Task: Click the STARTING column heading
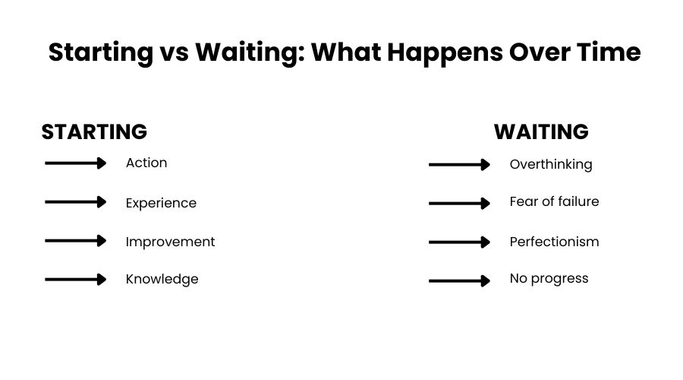click(x=94, y=131)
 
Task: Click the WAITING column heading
click(x=541, y=131)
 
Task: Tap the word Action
click(x=146, y=163)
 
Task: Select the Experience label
click(x=161, y=203)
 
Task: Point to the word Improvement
click(x=170, y=242)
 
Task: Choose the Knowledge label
click(x=162, y=279)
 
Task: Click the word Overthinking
click(x=551, y=164)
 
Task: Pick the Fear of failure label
click(x=554, y=201)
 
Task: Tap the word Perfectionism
click(x=554, y=242)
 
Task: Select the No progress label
click(x=549, y=278)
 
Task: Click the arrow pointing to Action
click(x=76, y=163)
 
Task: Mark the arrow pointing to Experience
click(x=76, y=202)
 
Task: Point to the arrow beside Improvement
click(x=76, y=241)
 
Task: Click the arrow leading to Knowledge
click(x=76, y=280)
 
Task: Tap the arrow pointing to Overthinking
click(x=460, y=165)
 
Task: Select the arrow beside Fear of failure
click(x=460, y=204)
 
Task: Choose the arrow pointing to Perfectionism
click(x=460, y=242)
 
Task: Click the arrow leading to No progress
click(x=460, y=281)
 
